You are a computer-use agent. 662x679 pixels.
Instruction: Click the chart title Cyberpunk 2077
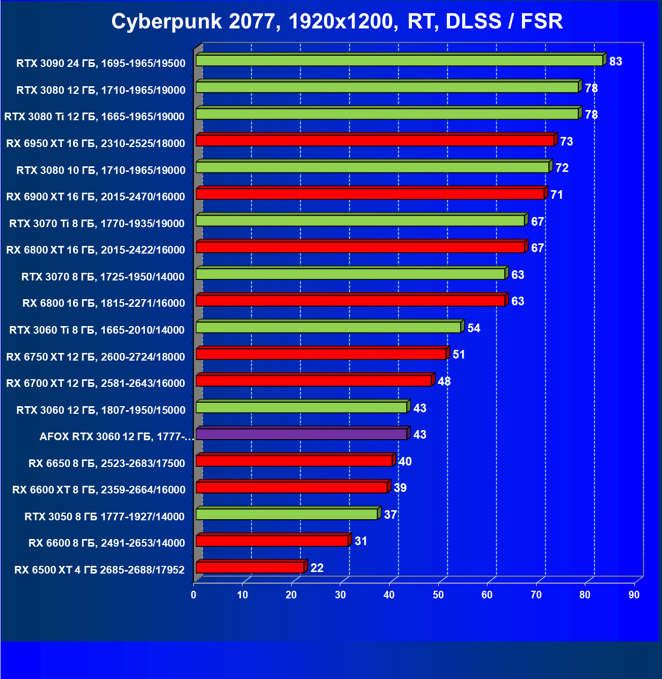[337, 21]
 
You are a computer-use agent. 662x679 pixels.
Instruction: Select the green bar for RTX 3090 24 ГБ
[399, 61]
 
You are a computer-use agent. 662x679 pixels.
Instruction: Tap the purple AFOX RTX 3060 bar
[301, 434]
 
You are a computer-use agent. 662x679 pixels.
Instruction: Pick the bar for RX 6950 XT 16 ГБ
[375, 140]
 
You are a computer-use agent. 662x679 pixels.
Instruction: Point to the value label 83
[615, 61]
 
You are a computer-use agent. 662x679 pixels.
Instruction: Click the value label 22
[317, 568]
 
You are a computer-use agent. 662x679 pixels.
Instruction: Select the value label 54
[474, 328]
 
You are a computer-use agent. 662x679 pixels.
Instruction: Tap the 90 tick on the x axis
[634, 595]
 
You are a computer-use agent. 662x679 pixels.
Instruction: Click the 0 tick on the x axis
[194, 595]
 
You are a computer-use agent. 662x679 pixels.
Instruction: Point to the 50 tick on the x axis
[438, 595]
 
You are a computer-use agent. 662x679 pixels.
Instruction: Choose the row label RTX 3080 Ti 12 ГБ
[94, 117]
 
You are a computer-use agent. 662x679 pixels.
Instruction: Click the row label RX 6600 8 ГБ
[107, 543]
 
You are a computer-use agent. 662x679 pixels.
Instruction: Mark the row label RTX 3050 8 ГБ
[104, 517]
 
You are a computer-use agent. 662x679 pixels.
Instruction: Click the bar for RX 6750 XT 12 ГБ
[321, 354]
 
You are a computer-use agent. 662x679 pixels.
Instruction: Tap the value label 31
[361, 541]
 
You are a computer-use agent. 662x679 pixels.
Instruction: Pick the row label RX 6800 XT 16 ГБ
[95, 249]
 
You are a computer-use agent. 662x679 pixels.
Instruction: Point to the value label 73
[567, 141]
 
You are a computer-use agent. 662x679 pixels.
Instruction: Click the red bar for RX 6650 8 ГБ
[294, 460]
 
